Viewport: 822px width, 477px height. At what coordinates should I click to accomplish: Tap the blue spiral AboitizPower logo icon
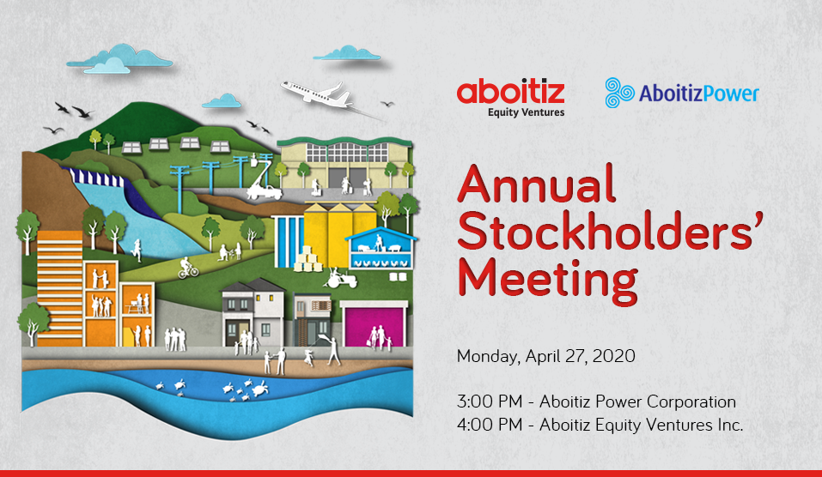point(619,93)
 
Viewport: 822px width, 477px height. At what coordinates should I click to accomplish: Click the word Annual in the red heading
point(536,184)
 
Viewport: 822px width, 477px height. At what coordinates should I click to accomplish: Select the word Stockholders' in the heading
point(610,231)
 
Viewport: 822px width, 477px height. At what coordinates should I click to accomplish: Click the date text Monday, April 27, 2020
point(545,357)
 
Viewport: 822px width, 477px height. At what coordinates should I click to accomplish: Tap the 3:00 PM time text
point(490,402)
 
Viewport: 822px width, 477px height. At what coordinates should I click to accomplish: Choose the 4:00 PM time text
point(490,425)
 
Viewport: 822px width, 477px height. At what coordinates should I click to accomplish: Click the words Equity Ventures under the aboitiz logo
point(526,112)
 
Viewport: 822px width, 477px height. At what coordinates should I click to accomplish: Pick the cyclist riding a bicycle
point(188,268)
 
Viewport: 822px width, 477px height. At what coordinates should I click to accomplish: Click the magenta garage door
point(374,326)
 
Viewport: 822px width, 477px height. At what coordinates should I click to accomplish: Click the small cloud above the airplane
point(346,53)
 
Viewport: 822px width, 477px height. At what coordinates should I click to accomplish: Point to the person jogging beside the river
point(137,251)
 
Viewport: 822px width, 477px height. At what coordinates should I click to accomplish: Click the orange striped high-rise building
point(59,288)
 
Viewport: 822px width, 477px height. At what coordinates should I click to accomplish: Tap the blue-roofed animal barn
point(381,248)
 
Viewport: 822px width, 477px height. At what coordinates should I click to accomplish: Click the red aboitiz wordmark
point(510,92)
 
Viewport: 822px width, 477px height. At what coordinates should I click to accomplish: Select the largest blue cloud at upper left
point(119,58)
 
